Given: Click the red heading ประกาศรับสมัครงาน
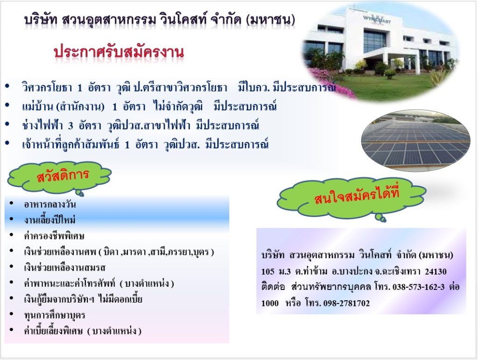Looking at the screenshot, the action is pos(119,52).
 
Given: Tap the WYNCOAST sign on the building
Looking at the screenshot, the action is pos(377,20).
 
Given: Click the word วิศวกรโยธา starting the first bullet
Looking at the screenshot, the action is pos(47,88).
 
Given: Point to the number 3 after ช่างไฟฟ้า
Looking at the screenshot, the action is pos(70,126).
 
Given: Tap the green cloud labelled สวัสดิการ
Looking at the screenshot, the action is pos(59,177).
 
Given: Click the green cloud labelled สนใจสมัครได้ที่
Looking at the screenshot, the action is pos(351,198).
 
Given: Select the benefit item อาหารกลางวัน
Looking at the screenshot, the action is pos(49,204).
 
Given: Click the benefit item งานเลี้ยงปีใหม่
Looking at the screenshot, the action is pos(49,220).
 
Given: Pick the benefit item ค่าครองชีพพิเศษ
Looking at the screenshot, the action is pos(54,236).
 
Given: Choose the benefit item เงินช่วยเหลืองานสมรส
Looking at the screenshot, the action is pos(64,268).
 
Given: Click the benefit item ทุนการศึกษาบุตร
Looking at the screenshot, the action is pos(54,315).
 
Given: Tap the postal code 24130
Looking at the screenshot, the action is pos(436,271).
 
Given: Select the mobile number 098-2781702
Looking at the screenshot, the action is pos(346,304).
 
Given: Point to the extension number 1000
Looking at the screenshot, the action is pos(270,304).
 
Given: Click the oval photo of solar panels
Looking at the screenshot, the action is pos(416,141).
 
